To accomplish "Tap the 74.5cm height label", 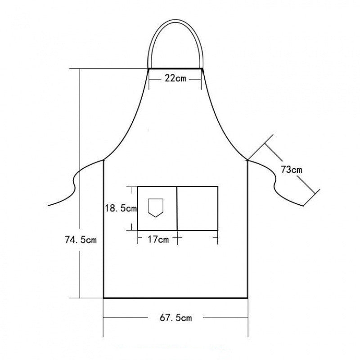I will (x=81, y=240).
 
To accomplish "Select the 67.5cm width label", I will (x=175, y=318).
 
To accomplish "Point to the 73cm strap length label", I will (x=291, y=170).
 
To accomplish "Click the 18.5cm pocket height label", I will (x=121, y=208).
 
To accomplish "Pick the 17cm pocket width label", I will (x=158, y=239).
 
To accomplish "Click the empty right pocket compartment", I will (x=198, y=208).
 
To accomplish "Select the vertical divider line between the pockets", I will (x=177, y=208).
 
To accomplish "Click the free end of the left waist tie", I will (x=49, y=206).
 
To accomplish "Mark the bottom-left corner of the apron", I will (x=104, y=297).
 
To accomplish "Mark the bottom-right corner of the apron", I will (x=247, y=297).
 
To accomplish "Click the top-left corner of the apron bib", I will (x=149, y=68).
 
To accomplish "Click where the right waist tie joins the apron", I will (x=247, y=159).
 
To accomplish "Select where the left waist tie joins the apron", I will (x=104, y=159).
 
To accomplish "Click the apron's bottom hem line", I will (x=175, y=297).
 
